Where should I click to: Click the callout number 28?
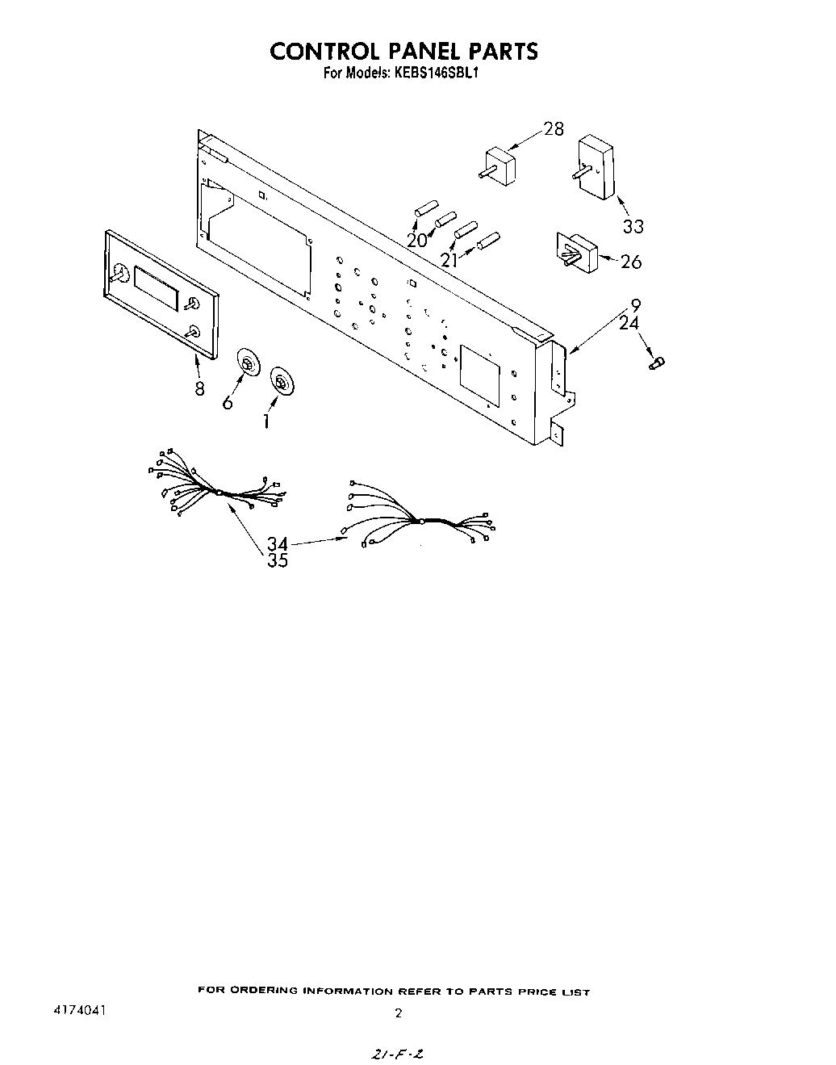click(554, 128)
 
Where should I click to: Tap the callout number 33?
click(633, 227)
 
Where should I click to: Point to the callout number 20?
click(416, 240)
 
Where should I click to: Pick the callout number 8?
click(199, 388)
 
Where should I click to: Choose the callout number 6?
click(228, 401)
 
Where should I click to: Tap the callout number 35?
click(278, 560)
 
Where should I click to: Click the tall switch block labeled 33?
click(596, 166)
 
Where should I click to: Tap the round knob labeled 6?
click(249, 366)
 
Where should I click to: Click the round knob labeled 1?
click(281, 380)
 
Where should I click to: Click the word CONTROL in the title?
click(326, 51)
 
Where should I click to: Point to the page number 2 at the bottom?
click(398, 1013)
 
